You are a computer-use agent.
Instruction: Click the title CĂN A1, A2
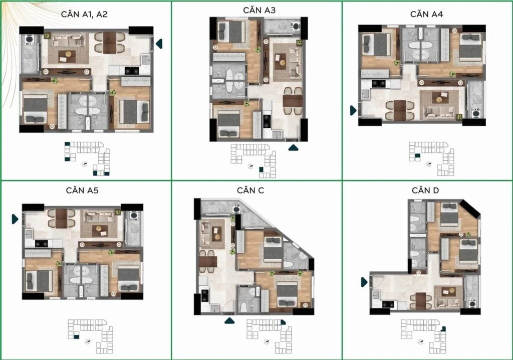pos(84,15)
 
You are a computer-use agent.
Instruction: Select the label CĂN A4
pos(427,15)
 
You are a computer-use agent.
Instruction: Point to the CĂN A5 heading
pos(82,191)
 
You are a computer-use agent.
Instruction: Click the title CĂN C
pos(250,191)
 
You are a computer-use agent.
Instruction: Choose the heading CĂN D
pos(425,191)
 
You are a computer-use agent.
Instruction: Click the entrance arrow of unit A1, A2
pos(159,44)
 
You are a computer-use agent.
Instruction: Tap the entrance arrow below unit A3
pos(293,148)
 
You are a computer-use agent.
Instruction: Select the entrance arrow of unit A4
pos(353,110)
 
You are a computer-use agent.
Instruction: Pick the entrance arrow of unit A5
pos(15,219)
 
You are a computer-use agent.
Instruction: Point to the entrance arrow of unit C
pos(229,321)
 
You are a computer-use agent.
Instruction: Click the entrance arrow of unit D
pos(364,282)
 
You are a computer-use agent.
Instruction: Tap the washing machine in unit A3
pos(296,26)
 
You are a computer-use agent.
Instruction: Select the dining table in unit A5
pos(61,219)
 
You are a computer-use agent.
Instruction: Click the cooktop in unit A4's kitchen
pos(379,84)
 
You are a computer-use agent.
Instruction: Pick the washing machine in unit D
pos(472,303)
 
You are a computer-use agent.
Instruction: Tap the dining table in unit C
pos(208,261)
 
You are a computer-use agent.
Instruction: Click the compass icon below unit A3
pos(250,166)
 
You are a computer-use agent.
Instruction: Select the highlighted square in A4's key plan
pos(417,156)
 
